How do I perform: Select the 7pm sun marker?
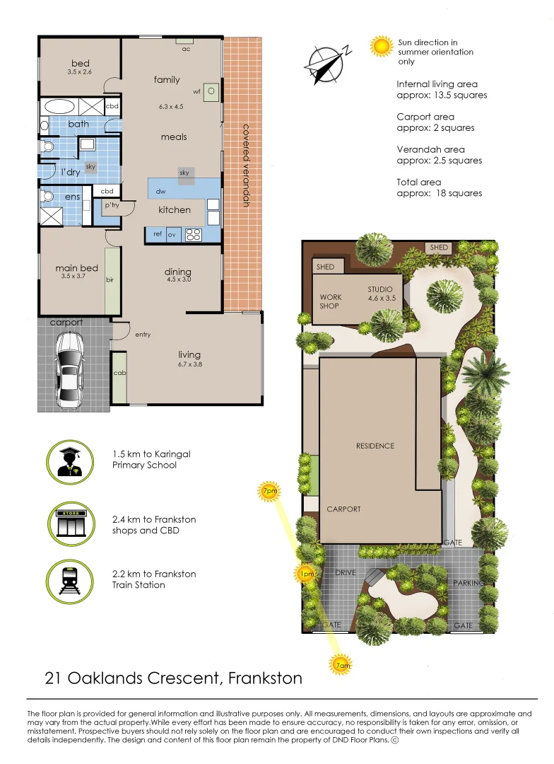269,491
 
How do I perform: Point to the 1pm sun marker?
306,574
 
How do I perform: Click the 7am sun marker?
343,665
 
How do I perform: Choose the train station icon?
70,581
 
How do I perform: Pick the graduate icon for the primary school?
70,463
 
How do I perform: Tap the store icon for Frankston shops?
71,524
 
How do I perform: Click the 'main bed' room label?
77,268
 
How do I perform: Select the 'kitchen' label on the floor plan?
175,209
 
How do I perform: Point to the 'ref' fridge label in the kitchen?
158,234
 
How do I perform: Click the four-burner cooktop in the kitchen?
194,234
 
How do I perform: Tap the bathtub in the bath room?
60,107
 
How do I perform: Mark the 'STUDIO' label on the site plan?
379,289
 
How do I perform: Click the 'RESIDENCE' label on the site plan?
375,446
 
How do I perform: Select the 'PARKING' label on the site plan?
468,583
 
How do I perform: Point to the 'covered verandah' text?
247,166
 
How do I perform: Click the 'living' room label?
189,354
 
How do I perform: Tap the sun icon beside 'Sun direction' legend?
381,47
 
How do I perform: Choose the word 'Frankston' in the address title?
265,678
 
